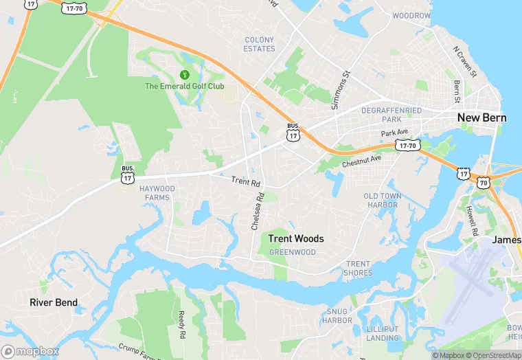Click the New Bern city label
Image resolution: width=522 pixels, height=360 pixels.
482,117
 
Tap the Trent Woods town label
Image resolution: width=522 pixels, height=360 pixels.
296,239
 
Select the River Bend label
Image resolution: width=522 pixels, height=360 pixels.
54,302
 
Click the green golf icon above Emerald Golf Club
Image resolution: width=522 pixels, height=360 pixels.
184,74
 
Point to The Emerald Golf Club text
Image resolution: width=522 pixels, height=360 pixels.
184,86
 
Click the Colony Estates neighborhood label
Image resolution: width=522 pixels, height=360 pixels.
260,45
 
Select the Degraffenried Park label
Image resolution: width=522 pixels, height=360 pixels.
411,115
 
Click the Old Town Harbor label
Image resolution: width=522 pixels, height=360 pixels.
382,201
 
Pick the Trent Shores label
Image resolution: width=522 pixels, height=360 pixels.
359,269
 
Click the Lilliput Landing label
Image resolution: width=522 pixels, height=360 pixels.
383,333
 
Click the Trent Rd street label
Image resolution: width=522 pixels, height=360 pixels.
246,182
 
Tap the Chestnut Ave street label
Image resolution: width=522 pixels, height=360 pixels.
361,161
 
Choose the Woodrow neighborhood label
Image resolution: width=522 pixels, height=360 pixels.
411,15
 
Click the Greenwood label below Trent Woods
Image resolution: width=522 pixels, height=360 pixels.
293,252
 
